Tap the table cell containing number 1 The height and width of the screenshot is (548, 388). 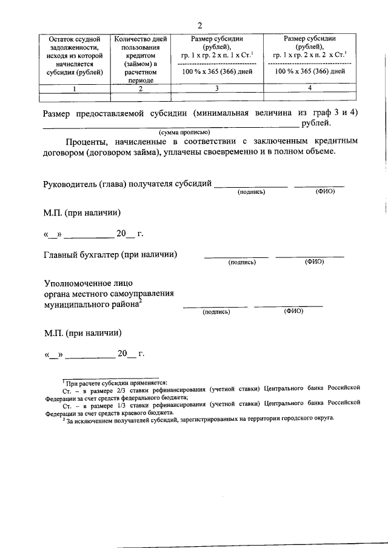[x=75, y=88]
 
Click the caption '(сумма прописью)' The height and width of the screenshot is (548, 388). [x=184, y=132]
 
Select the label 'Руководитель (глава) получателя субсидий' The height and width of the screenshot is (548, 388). [x=127, y=183]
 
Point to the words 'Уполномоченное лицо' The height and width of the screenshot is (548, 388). [x=88, y=283]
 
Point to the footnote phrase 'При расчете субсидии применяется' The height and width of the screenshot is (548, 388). [x=111, y=384]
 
